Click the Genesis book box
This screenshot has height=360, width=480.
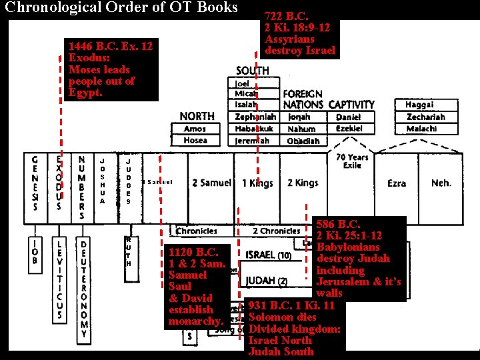(35, 183)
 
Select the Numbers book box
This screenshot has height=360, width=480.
(81, 187)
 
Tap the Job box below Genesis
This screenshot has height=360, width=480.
(35, 250)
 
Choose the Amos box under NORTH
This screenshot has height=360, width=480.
(195, 129)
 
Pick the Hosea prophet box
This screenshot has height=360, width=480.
(195, 141)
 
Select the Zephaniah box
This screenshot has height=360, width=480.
(255, 117)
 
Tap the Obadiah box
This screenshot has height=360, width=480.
(303, 141)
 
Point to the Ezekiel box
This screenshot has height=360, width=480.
(348, 129)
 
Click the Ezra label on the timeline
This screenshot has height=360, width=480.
(396, 183)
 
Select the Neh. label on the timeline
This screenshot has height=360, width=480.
(441, 183)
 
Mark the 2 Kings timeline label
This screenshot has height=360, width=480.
(303, 183)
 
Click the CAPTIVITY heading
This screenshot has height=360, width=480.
(351, 105)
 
